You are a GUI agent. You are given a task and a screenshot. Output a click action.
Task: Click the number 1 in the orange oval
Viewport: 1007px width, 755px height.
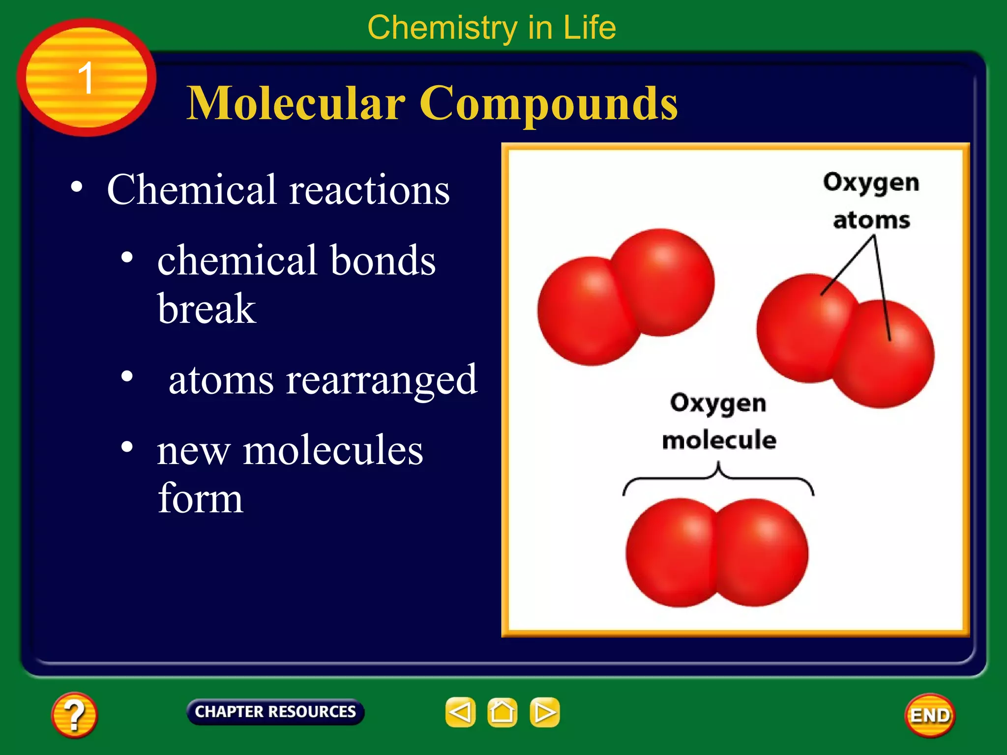(x=86, y=78)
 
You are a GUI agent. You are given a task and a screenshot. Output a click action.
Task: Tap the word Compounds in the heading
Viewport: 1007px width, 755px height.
(x=548, y=104)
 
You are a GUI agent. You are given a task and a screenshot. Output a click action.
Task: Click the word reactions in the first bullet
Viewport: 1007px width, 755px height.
(x=369, y=190)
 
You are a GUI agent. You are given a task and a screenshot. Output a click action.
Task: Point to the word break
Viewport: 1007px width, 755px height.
(x=207, y=309)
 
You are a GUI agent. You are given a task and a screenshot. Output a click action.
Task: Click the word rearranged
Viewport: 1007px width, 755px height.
(x=382, y=380)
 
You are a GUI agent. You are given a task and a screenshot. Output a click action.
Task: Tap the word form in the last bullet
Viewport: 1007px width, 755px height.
(x=200, y=498)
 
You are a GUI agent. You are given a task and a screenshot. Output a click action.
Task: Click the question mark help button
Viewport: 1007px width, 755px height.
(x=74, y=715)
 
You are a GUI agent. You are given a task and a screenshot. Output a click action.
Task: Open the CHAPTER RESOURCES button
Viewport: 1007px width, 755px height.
(x=275, y=712)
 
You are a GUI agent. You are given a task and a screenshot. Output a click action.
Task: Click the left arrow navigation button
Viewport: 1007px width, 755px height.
(x=460, y=712)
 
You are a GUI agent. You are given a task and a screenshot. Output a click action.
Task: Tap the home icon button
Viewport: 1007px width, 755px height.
(x=502, y=712)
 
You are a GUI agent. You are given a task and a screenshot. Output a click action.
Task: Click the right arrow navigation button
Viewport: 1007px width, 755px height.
(x=544, y=712)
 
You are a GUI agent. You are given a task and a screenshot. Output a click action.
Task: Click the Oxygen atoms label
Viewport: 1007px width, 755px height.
(x=871, y=201)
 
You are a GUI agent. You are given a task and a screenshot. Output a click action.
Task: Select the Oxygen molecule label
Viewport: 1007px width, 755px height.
(x=718, y=421)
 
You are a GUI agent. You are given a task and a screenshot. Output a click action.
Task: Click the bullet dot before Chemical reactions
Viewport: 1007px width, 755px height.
(x=76, y=187)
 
